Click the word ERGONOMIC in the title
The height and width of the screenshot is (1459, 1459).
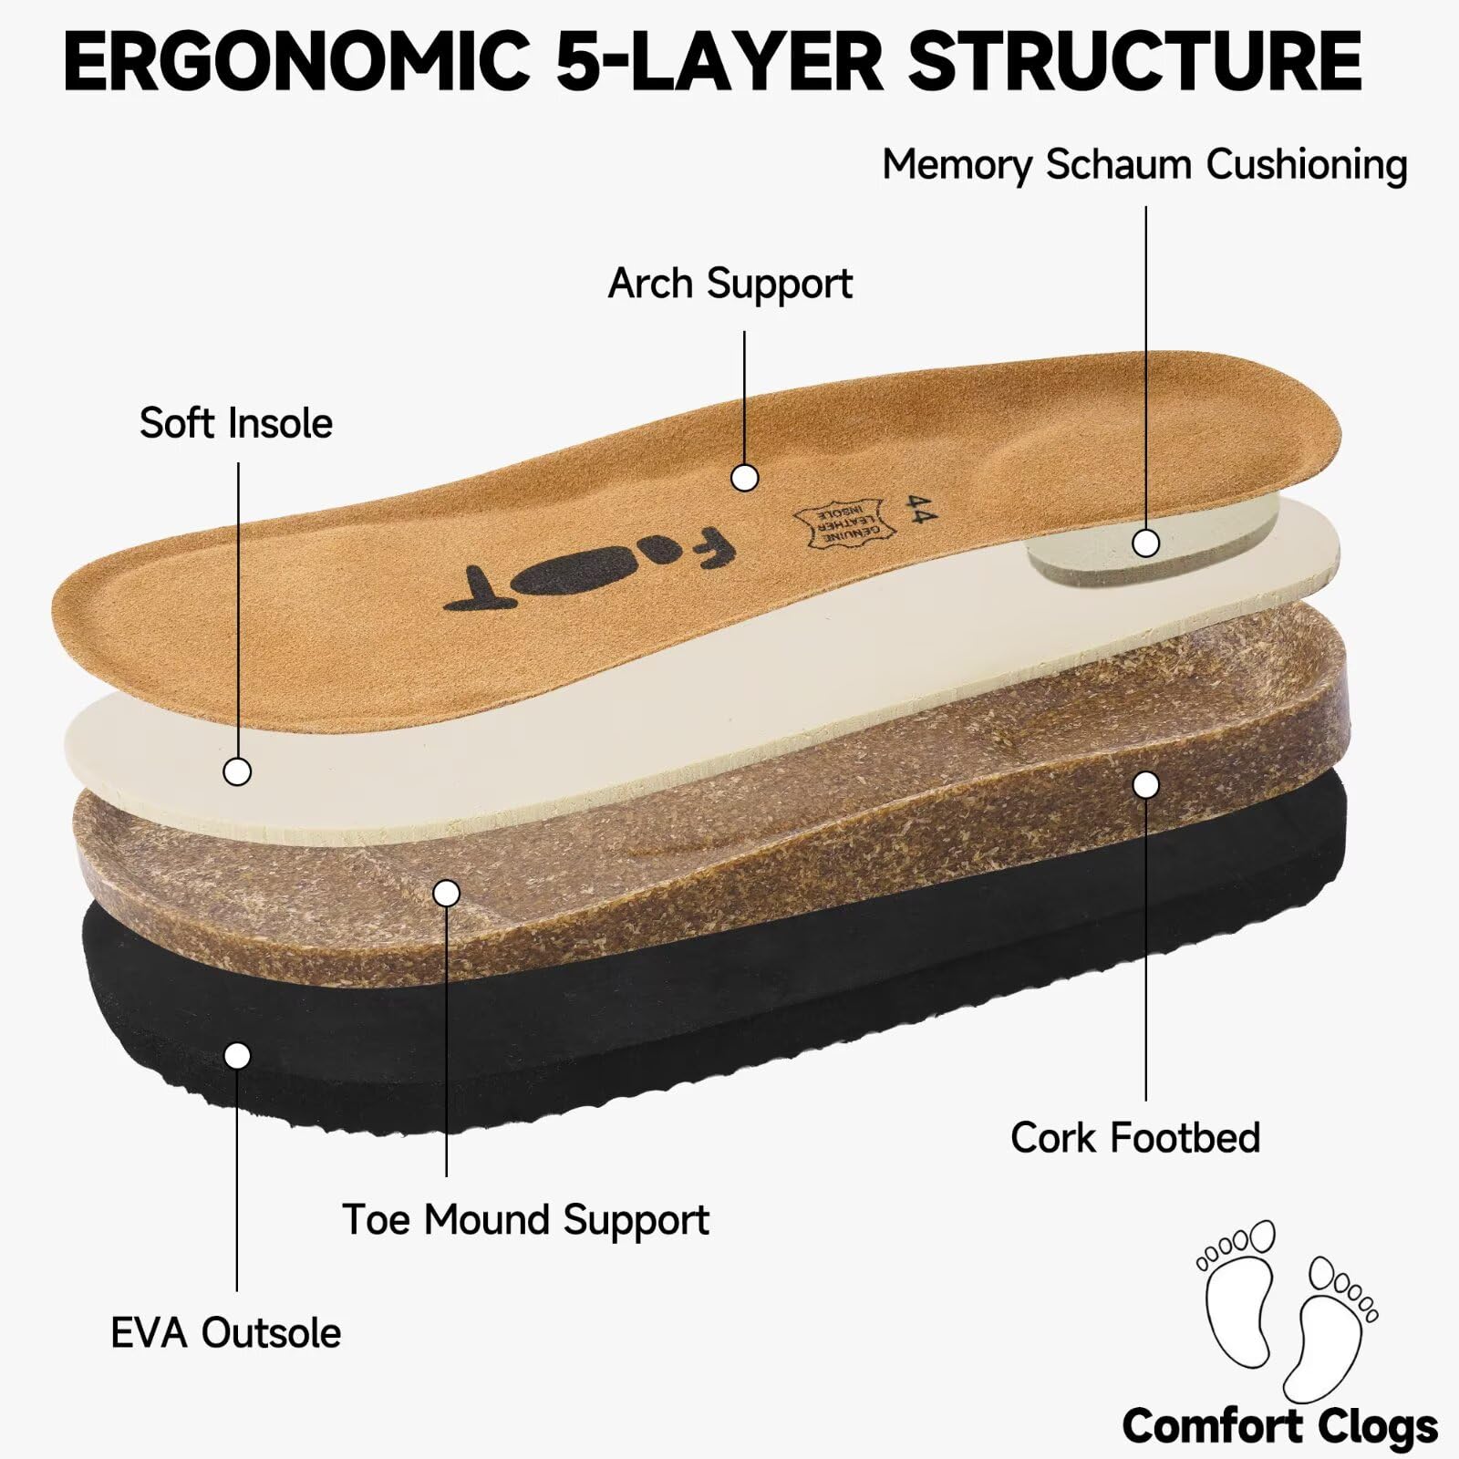pos(297,61)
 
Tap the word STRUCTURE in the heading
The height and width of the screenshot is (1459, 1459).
pos(1135,61)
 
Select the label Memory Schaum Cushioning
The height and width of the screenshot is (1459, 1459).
pos(1145,166)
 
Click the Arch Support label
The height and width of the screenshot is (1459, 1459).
pos(730,285)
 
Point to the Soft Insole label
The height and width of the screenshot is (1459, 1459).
pos(236,423)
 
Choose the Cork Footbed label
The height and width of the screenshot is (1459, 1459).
pos(1135,1137)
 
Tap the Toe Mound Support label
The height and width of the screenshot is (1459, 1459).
pos(525,1220)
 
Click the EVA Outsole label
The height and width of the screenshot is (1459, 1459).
pos(226,1333)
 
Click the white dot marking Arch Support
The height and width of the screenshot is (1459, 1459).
pos(745,478)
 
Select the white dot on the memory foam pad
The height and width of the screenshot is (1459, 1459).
pos(1146,543)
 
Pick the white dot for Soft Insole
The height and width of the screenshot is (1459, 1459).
pos(237,771)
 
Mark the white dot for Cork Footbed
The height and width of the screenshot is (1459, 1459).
pos(1146,784)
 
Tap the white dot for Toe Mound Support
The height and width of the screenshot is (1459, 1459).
pos(446,893)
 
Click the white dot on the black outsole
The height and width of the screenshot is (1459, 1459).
pos(237,1056)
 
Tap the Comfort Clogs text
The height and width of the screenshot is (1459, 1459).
pos(1279,1426)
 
